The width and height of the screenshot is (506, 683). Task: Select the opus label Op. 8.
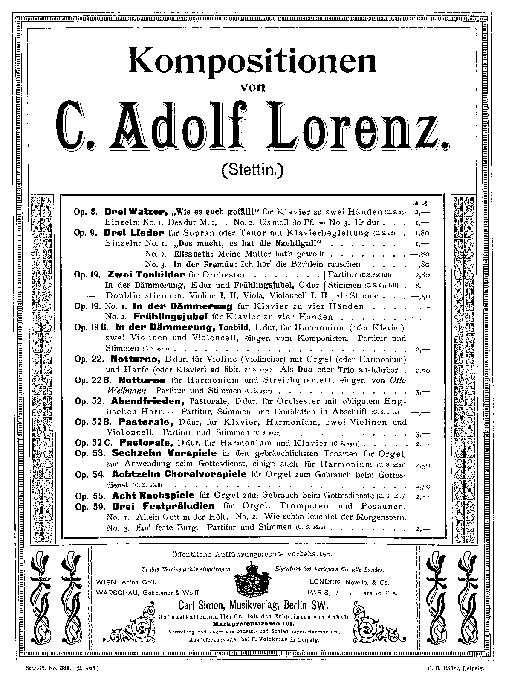(x=87, y=212)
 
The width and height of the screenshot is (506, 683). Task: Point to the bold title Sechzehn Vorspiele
(x=164, y=453)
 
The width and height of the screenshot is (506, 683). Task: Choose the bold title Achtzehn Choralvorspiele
(x=179, y=474)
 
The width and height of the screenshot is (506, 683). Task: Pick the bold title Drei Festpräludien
(x=163, y=506)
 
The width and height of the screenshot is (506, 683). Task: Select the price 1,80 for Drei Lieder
(x=422, y=233)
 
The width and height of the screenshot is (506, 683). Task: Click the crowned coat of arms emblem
(x=252, y=580)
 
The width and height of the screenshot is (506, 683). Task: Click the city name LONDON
(x=325, y=582)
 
